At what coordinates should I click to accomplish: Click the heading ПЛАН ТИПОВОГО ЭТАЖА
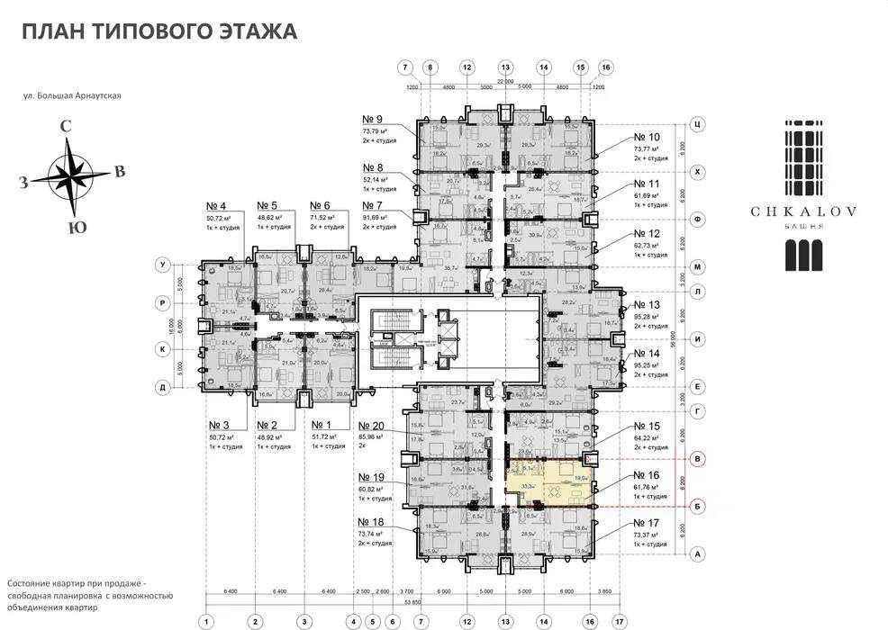point(159,33)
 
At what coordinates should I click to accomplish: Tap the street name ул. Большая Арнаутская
point(72,95)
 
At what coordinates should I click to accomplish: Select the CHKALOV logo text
point(804,212)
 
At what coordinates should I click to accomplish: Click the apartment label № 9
point(372,120)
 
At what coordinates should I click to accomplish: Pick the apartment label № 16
point(647,474)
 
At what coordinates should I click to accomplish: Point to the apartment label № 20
point(371,427)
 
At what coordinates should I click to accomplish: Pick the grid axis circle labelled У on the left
point(162,265)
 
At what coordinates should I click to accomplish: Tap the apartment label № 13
point(647,304)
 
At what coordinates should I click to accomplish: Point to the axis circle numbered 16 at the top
point(605,67)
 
